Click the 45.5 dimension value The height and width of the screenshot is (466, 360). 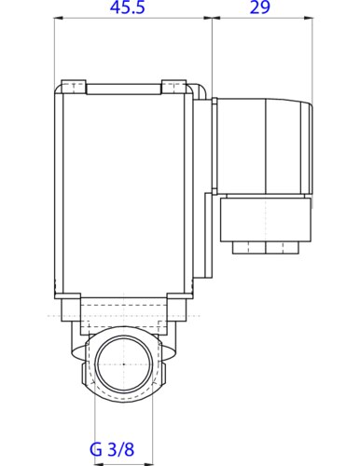coord(132,9)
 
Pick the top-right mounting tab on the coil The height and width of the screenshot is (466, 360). coord(173,88)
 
